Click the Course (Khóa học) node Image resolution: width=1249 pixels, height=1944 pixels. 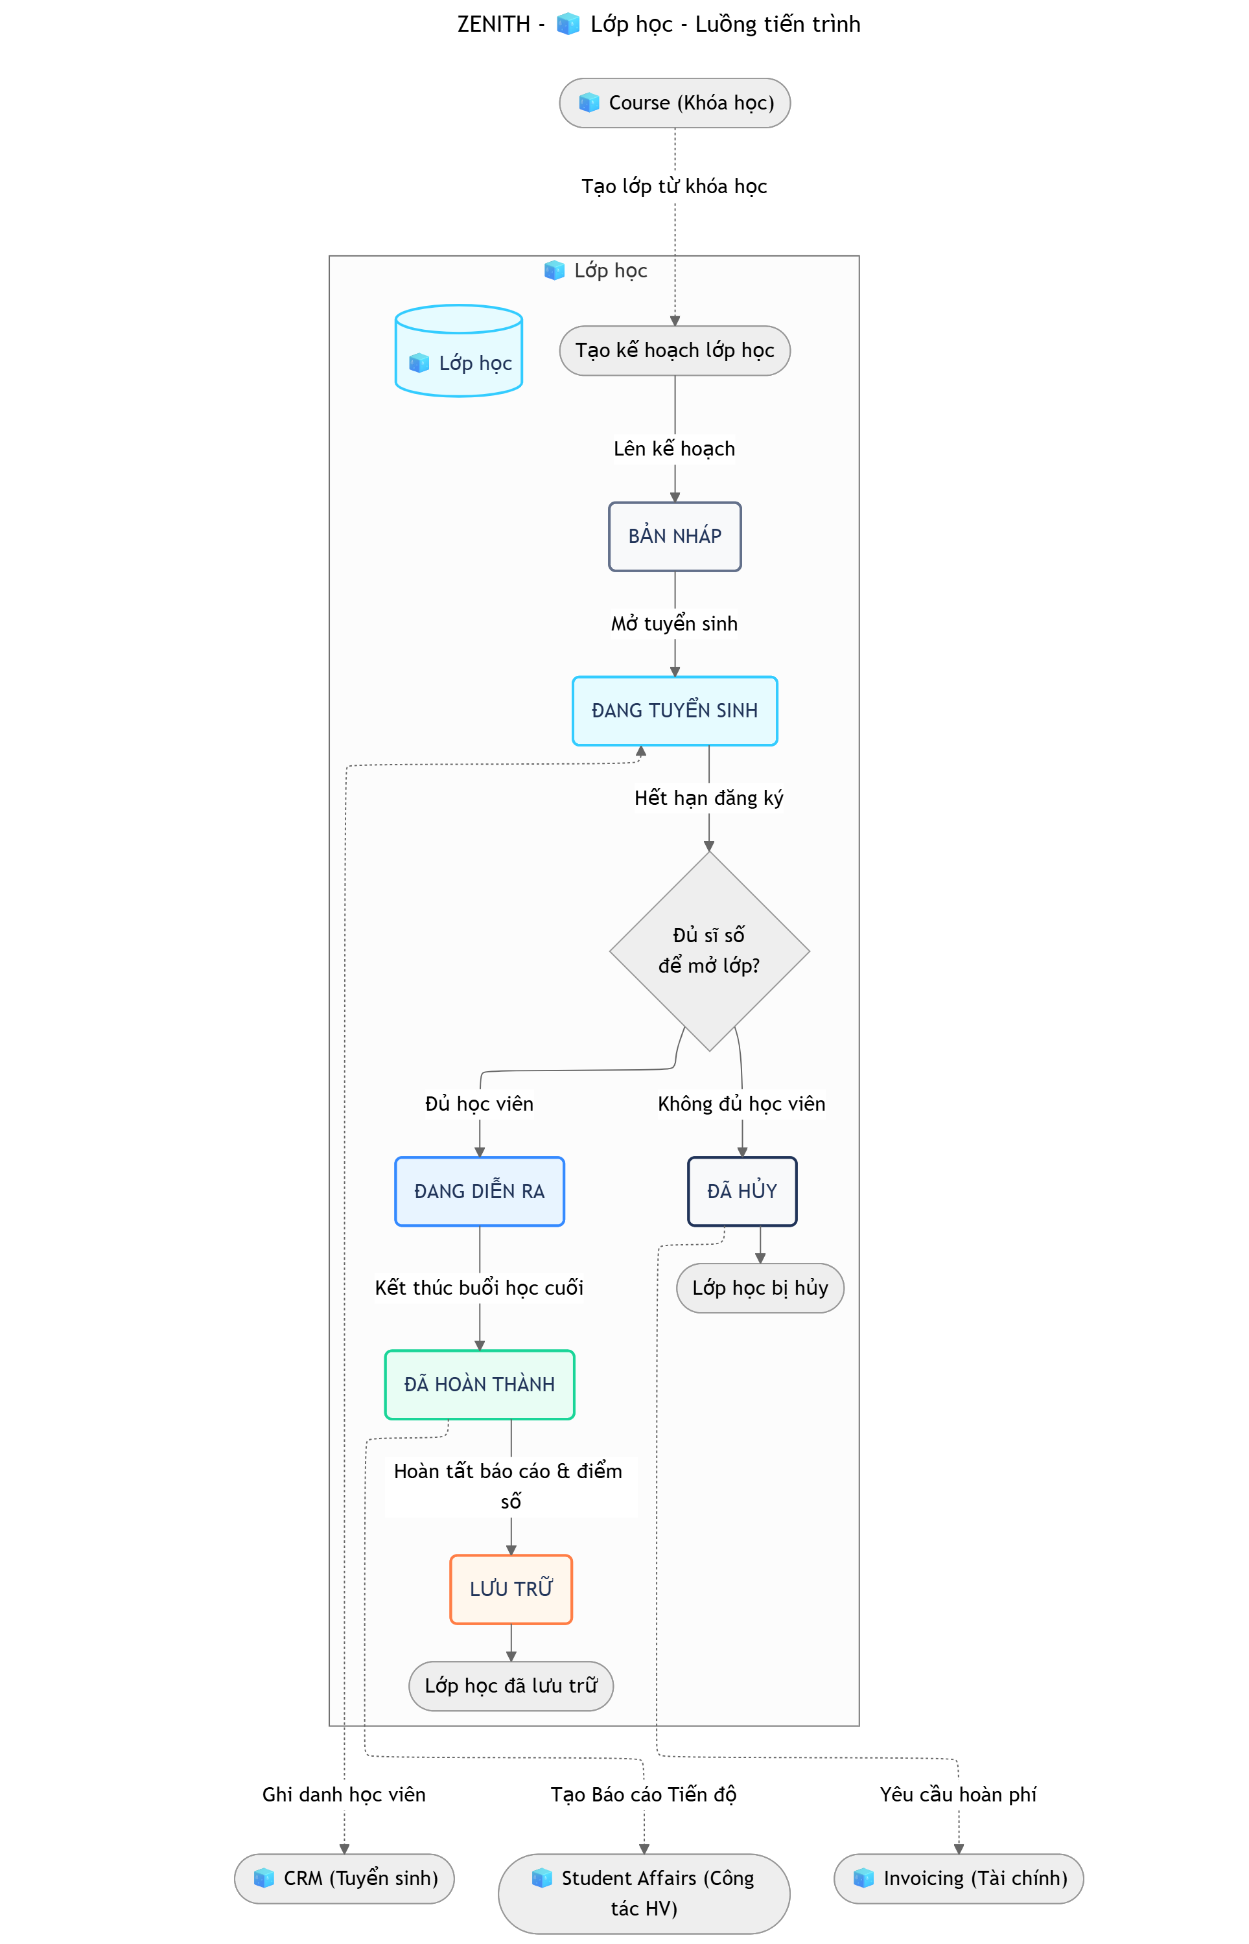pos(674,103)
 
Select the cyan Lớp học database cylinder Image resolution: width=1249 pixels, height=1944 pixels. pos(458,353)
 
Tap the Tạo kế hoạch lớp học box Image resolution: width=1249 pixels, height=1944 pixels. pos(674,350)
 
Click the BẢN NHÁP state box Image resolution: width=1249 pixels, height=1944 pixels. pos(674,536)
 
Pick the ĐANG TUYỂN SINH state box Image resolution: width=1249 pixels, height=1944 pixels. pos(674,710)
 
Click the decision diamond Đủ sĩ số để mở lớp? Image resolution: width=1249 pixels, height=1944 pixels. pos(709,950)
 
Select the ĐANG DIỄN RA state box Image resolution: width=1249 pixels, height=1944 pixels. pos(480,1191)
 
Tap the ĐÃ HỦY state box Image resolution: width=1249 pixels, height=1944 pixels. pos(741,1191)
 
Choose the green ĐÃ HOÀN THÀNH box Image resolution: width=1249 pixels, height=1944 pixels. pos(480,1384)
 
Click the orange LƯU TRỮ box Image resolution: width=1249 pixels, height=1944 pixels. pos(511,1589)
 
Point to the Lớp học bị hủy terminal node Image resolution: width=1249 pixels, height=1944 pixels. pos(760,1288)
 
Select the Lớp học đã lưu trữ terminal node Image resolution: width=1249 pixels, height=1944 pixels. pos(511,1685)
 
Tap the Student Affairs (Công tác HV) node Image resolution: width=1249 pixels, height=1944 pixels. pos(644,1893)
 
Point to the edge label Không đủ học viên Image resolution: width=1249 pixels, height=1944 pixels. pos(741,1104)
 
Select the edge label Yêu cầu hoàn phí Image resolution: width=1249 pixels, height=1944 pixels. pos(958,1794)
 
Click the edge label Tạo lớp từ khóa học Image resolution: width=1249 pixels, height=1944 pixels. pos(674,187)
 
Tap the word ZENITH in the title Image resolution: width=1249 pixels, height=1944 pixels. pos(493,25)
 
